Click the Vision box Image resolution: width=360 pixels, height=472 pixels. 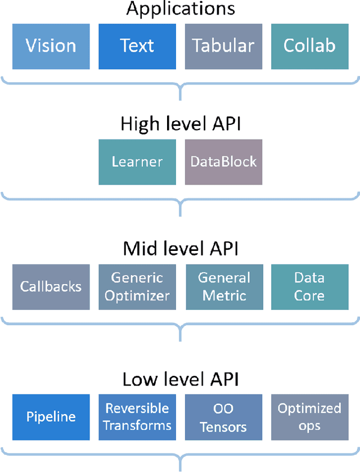pyautogui.click(x=51, y=46)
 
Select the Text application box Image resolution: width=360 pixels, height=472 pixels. pyautogui.click(x=137, y=46)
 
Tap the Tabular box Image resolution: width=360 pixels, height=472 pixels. pyautogui.click(x=223, y=46)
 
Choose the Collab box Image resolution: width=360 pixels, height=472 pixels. pyautogui.click(x=309, y=46)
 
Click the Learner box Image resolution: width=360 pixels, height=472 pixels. pyautogui.click(x=137, y=162)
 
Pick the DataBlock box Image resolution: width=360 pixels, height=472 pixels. pyautogui.click(x=223, y=162)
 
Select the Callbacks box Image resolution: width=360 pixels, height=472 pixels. pyautogui.click(x=51, y=286)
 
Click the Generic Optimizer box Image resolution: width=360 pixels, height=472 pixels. pyautogui.click(x=137, y=286)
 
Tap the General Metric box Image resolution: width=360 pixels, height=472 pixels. pyautogui.click(x=223, y=286)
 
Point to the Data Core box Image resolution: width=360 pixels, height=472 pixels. pyautogui.click(x=309, y=286)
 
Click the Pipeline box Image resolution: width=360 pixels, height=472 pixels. pyautogui.click(x=51, y=417)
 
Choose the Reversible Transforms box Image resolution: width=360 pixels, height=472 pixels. pyautogui.click(x=137, y=417)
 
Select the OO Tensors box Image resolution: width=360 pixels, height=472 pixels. pyautogui.click(x=223, y=417)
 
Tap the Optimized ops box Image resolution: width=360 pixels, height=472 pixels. pyautogui.click(x=309, y=417)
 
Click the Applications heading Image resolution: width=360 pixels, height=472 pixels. pyautogui.click(x=180, y=9)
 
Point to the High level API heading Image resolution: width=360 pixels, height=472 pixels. pyautogui.click(x=180, y=124)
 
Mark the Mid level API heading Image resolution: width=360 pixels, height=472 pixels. pyautogui.click(x=180, y=249)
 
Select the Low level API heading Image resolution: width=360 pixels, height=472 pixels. pyautogui.click(x=180, y=380)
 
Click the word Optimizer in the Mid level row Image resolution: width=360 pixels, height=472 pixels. pyautogui.click(x=137, y=295)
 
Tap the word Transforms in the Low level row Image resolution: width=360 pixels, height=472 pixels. pyautogui.click(x=137, y=426)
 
